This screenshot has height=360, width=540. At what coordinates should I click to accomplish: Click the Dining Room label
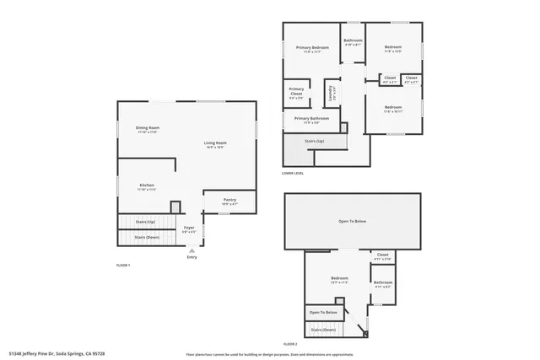[x=148, y=128]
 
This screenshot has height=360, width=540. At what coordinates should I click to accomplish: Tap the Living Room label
[x=215, y=143]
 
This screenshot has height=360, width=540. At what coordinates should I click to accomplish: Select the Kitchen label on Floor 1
[x=147, y=185]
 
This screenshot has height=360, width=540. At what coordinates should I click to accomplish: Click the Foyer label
[x=189, y=228]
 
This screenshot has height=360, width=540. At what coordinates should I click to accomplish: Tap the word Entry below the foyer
[x=192, y=257]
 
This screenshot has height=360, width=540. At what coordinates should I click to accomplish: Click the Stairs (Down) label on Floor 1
[x=147, y=237]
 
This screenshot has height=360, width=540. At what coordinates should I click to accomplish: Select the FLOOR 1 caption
[x=123, y=266]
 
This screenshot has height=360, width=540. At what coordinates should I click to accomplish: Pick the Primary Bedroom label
[x=312, y=47]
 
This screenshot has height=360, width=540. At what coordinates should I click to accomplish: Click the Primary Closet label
[x=296, y=90]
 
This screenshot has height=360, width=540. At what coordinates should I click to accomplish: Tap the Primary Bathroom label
[x=312, y=119]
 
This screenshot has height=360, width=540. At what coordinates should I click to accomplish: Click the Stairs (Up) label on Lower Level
[x=315, y=141]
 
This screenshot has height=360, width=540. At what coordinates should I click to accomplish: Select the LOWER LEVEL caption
[x=293, y=174]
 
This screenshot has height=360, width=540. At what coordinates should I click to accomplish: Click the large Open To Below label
[x=352, y=222]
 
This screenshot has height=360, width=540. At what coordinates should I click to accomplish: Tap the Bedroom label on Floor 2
[x=339, y=278]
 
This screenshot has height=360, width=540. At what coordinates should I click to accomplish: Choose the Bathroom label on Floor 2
[x=383, y=282]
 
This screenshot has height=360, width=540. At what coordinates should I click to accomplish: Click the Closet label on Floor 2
[x=382, y=255]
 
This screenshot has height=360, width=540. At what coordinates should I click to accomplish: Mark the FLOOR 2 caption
[x=290, y=344]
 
